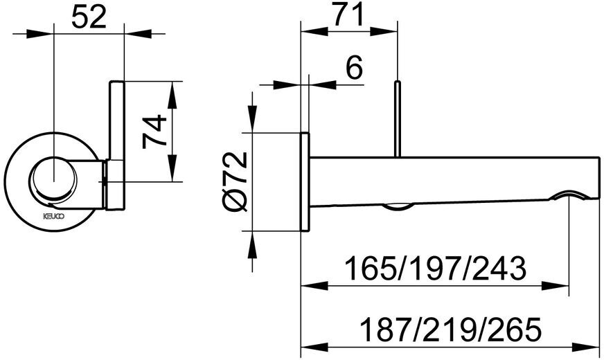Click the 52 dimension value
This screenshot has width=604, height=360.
pos(89,17)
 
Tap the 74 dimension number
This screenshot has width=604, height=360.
pos(154,132)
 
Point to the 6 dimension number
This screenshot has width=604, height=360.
pos(353,69)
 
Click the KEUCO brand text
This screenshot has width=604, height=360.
pos(55,216)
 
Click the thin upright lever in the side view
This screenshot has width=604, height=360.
pos(397,118)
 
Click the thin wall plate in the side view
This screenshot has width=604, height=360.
pos(303,181)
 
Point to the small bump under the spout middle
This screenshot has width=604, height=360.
pos(397,205)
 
